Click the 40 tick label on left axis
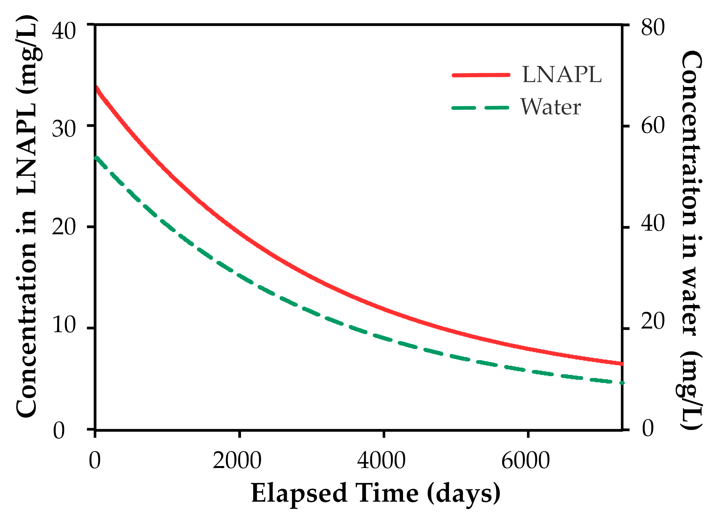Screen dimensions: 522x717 coord(64,31)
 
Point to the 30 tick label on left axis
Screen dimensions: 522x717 coord(64,129)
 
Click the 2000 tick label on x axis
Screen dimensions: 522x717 coord(237,461)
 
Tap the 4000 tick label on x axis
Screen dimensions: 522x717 coord(381,461)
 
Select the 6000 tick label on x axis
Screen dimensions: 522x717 coord(525,461)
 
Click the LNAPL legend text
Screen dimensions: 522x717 coord(562,75)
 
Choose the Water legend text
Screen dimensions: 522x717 coord(550,107)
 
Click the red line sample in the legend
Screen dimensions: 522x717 coord(481,75)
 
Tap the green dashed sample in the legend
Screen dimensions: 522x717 coord(480,108)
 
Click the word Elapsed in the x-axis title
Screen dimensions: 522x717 coord(299,493)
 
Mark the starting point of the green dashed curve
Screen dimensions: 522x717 coord(96,158)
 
